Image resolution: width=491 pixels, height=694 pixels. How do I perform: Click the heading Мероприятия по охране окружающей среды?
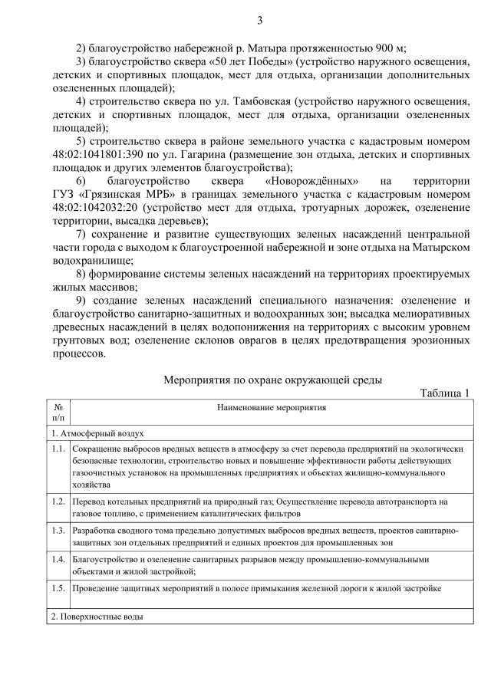coord(273,379)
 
